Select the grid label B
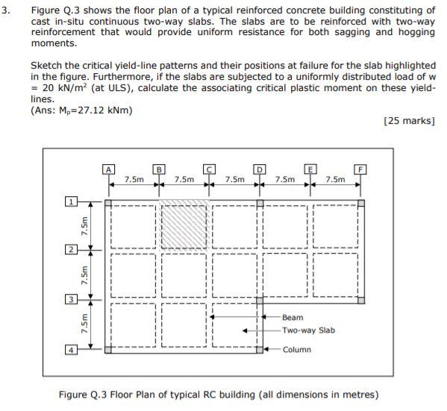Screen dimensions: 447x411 [x=158, y=169]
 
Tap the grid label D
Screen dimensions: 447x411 [x=260, y=169]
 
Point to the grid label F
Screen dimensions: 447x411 [x=361, y=169]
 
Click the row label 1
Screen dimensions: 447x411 [x=72, y=201]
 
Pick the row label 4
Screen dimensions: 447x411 [x=72, y=349]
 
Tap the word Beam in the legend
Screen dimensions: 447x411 [x=293, y=317]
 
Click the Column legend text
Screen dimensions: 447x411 [x=296, y=349]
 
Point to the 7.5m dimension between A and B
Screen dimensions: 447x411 [x=134, y=180]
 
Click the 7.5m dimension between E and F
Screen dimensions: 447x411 [x=336, y=180]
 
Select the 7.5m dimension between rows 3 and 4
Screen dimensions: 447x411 [x=84, y=324]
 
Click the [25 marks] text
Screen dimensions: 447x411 [x=408, y=121]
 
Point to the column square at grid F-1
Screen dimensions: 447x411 [x=361, y=201]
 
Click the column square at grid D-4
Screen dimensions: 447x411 [x=260, y=348]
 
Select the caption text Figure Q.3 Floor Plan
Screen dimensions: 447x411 [x=219, y=395]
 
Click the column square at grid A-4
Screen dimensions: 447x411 [x=108, y=348]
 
